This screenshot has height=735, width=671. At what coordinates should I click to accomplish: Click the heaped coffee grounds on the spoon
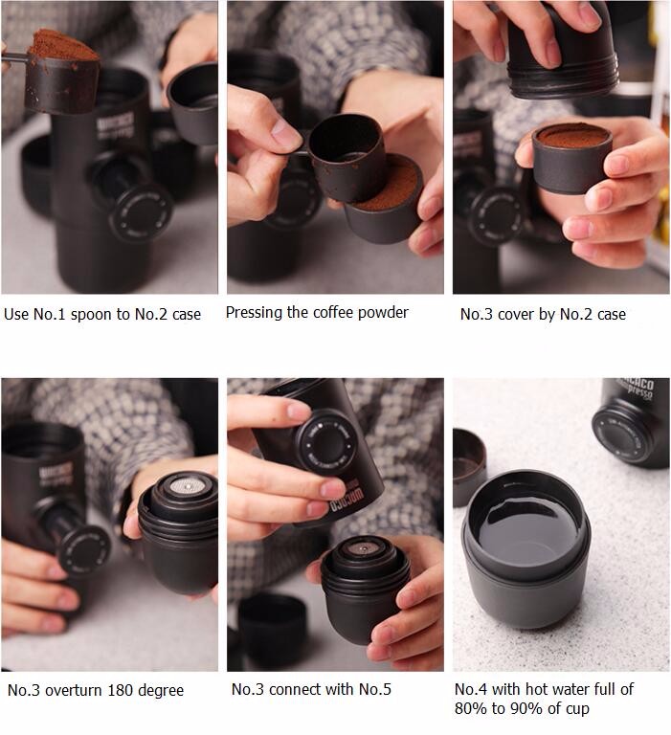click(x=63, y=45)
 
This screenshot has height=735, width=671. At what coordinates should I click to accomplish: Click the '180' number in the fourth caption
click(x=121, y=690)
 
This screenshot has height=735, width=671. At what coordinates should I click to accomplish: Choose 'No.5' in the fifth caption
click(x=374, y=689)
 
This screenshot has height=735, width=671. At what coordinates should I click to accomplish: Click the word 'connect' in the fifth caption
click(x=295, y=689)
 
